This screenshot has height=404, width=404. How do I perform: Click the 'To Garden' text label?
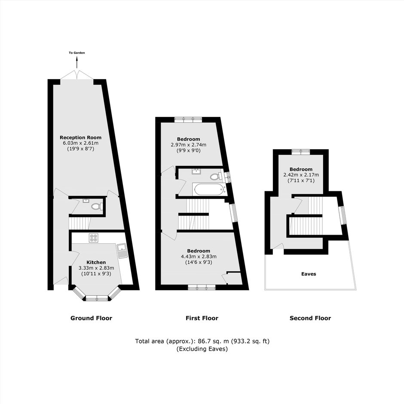pyautogui.click(x=77, y=53)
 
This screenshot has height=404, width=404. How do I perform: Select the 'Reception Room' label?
pyautogui.click(x=81, y=138)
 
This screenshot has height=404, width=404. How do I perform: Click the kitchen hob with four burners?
pyautogui.click(x=93, y=238)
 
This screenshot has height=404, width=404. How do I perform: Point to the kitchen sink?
pyautogui.click(x=121, y=251)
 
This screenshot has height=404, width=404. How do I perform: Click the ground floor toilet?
pyautogui.click(x=96, y=206)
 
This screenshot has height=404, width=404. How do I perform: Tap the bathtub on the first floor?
pyautogui.click(x=209, y=190)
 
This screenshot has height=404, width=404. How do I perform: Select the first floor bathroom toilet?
pyautogui.click(x=216, y=177)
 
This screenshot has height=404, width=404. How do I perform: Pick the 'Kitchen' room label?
pyautogui.click(x=96, y=263)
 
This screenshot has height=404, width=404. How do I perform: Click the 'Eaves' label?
pyautogui.click(x=309, y=274)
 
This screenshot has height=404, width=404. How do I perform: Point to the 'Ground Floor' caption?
pyautogui.click(x=92, y=318)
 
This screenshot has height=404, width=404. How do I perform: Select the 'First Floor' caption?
pyautogui.click(x=202, y=318)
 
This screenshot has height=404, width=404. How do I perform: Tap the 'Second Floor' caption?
pyautogui.click(x=310, y=318)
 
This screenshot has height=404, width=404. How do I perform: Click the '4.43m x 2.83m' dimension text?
pyautogui.click(x=199, y=257)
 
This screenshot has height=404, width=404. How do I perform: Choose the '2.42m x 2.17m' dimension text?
pyautogui.click(x=301, y=175)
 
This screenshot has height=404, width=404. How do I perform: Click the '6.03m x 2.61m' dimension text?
pyautogui.click(x=81, y=143)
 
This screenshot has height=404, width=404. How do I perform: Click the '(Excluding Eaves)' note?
pyautogui.click(x=202, y=349)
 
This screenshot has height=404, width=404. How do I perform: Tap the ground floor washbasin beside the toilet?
pyautogui.click(x=86, y=201)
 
